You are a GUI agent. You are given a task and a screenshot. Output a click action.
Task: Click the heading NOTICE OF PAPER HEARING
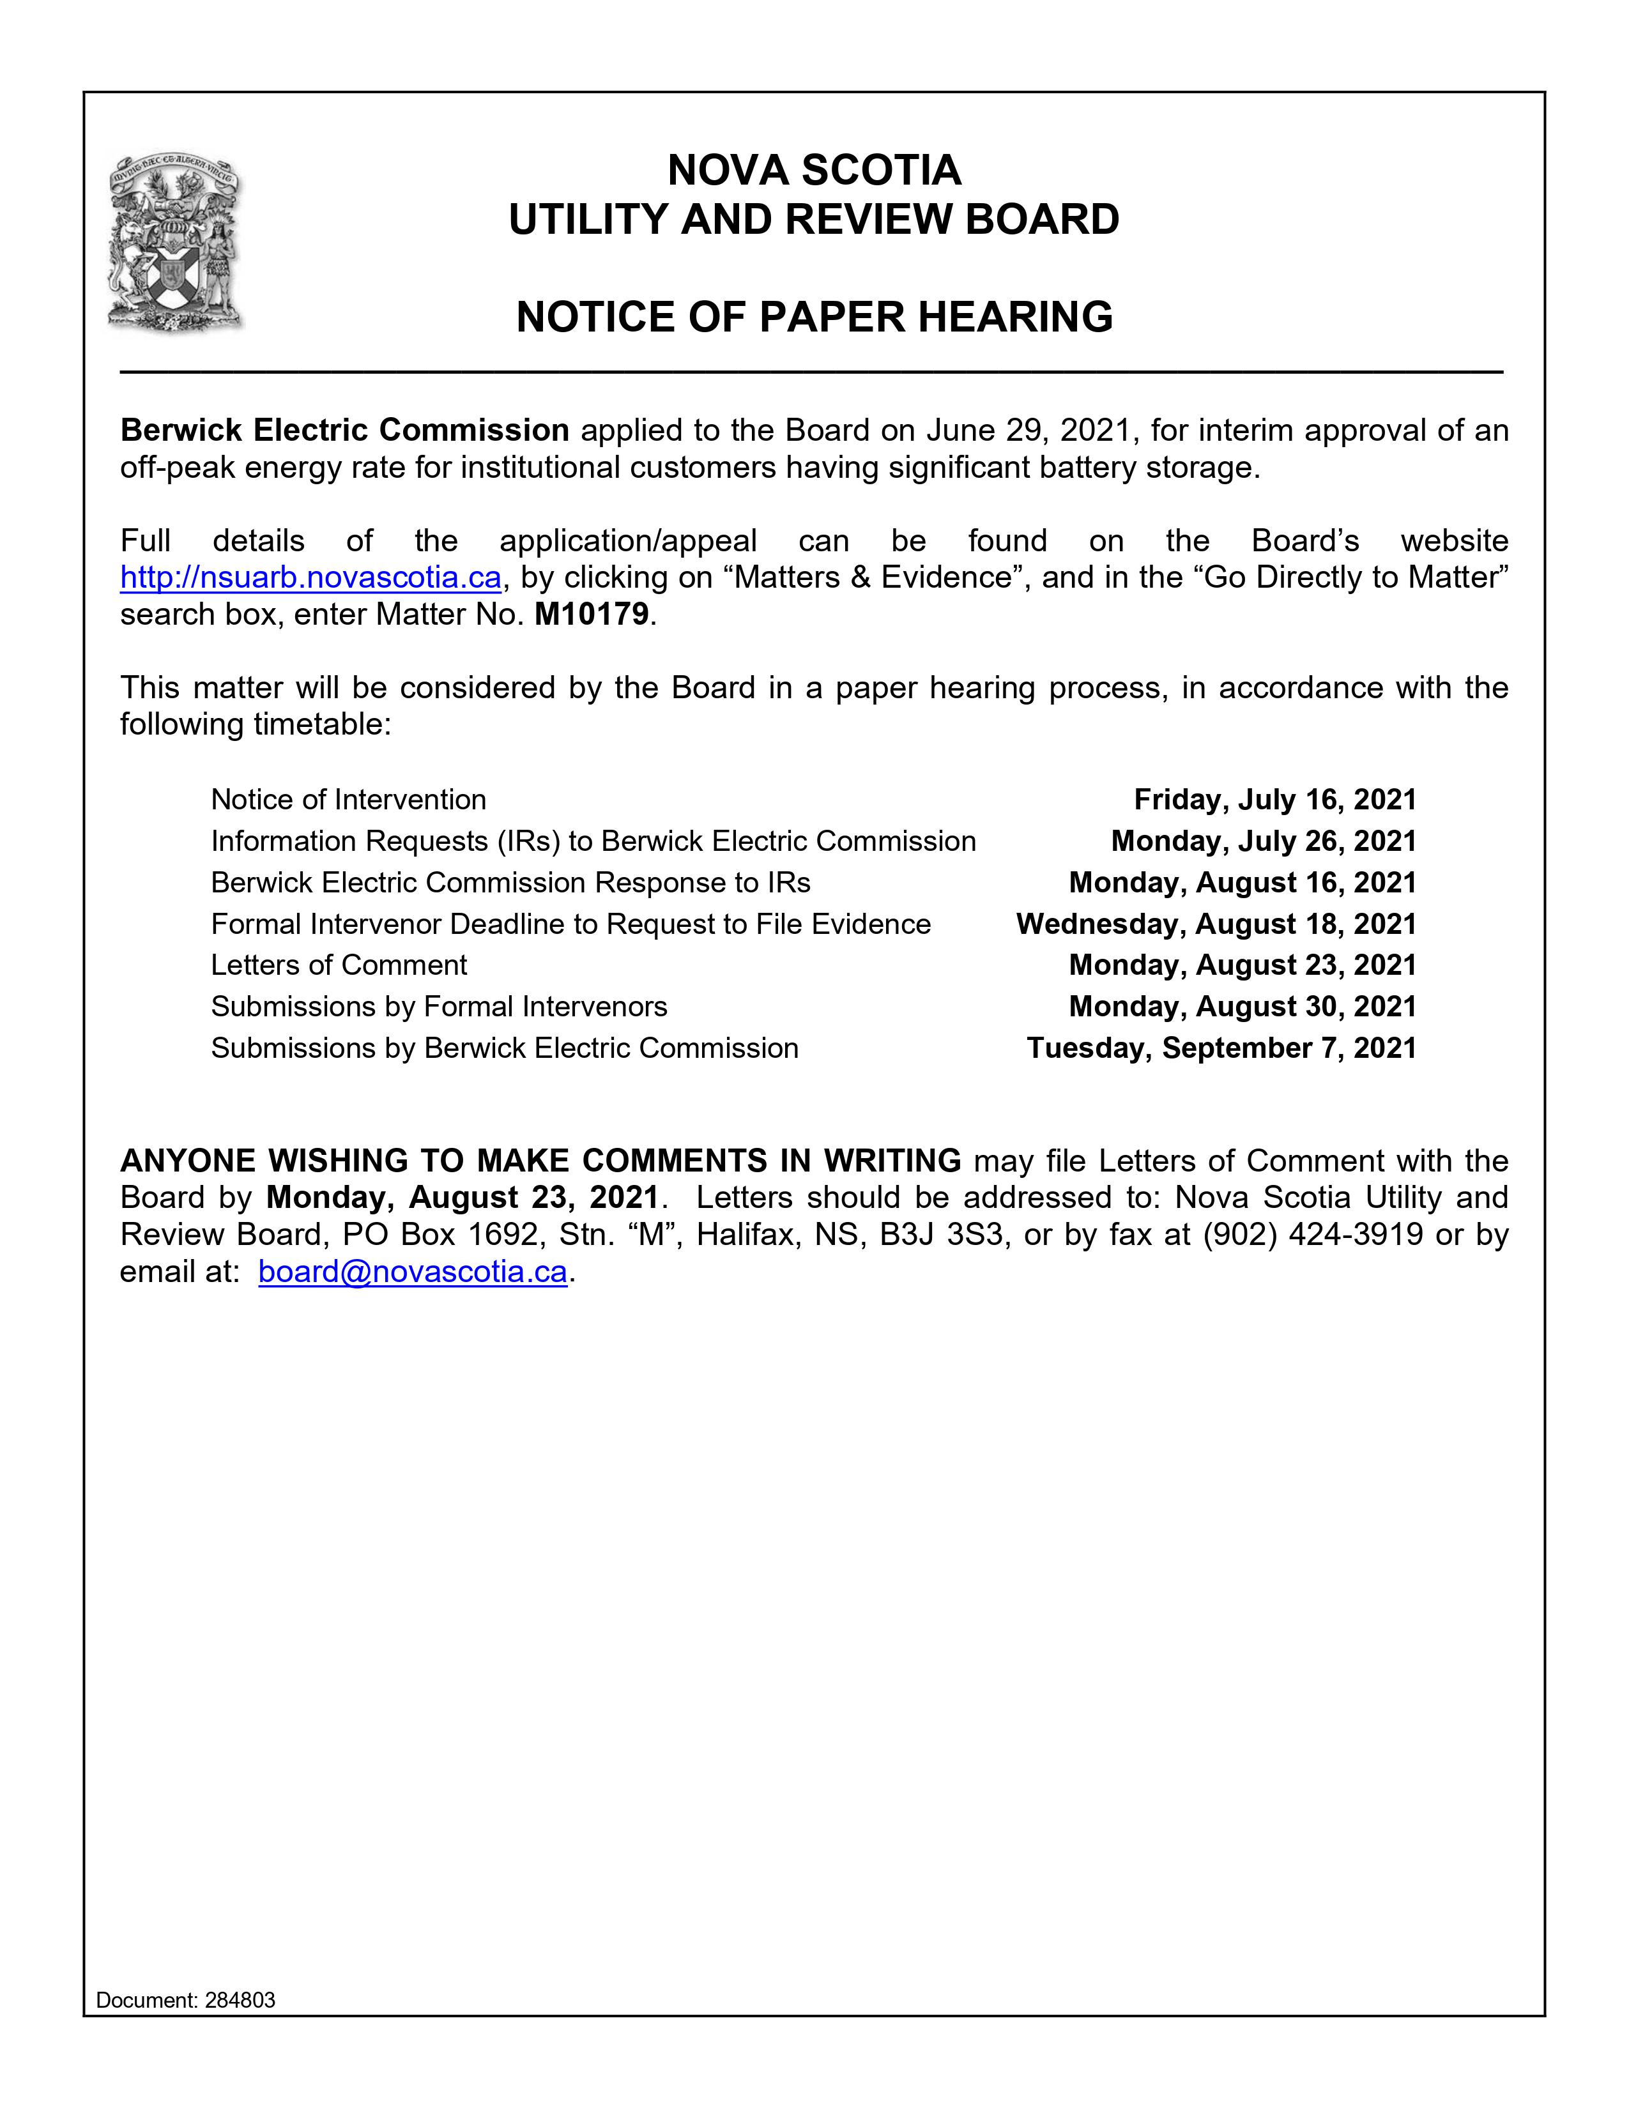click(x=814, y=317)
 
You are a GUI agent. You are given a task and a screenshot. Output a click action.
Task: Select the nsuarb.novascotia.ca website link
click(x=310, y=577)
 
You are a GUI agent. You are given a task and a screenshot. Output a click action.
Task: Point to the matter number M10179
click(x=591, y=614)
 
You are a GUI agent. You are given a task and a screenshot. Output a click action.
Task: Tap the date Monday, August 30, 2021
click(x=1242, y=1007)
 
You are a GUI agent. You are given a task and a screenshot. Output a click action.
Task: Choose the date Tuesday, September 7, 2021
click(x=1221, y=1048)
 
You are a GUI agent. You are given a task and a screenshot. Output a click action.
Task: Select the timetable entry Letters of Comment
click(x=339, y=965)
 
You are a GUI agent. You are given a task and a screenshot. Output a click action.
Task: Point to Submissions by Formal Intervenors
click(x=439, y=1007)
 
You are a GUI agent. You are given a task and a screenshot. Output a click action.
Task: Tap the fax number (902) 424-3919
click(x=1313, y=1235)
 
